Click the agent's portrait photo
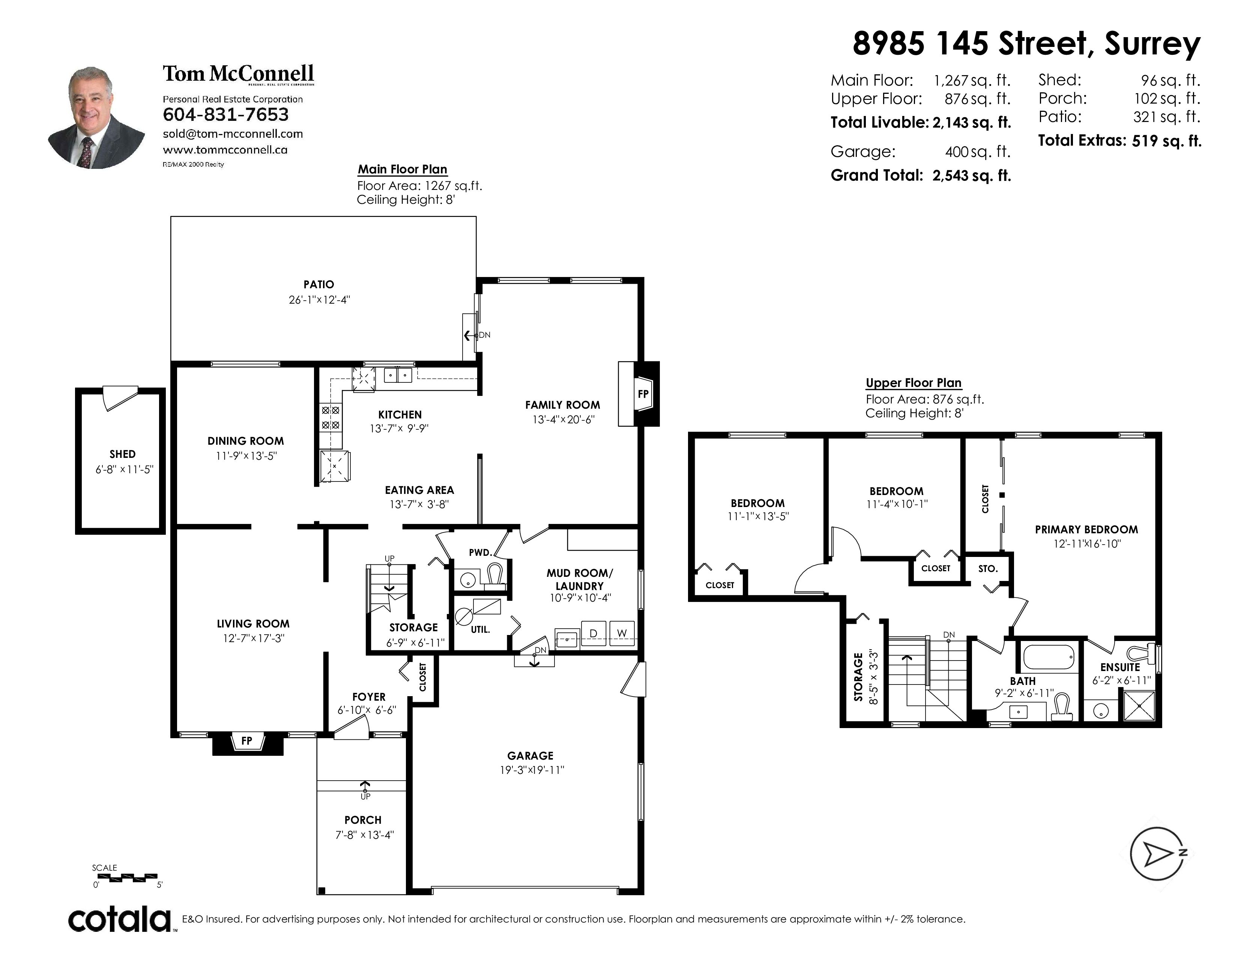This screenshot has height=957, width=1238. click(x=97, y=117)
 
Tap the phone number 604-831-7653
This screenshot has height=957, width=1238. click(x=225, y=115)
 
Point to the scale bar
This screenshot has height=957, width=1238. click(x=125, y=877)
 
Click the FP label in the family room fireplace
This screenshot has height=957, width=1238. click(x=643, y=394)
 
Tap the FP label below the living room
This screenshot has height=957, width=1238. click(x=246, y=740)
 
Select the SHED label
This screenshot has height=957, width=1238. click(x=122, y=454)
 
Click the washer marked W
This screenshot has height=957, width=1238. click(x=622, y=633)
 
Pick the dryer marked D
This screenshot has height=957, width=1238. click(x=593, y=633)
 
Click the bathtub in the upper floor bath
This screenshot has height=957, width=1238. click(x=1049, y=658)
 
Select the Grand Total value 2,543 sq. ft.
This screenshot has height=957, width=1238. click(x=972, y=176)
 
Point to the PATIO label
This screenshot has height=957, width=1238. click(x=319, y=284)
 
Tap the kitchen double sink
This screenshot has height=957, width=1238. click(x=398, y=375)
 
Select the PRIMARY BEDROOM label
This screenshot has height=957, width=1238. click(x=1086, y=530)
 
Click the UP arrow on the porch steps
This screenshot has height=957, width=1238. click(x=365, y=786)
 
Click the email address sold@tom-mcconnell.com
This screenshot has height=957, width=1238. click(x=233, y=134)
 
